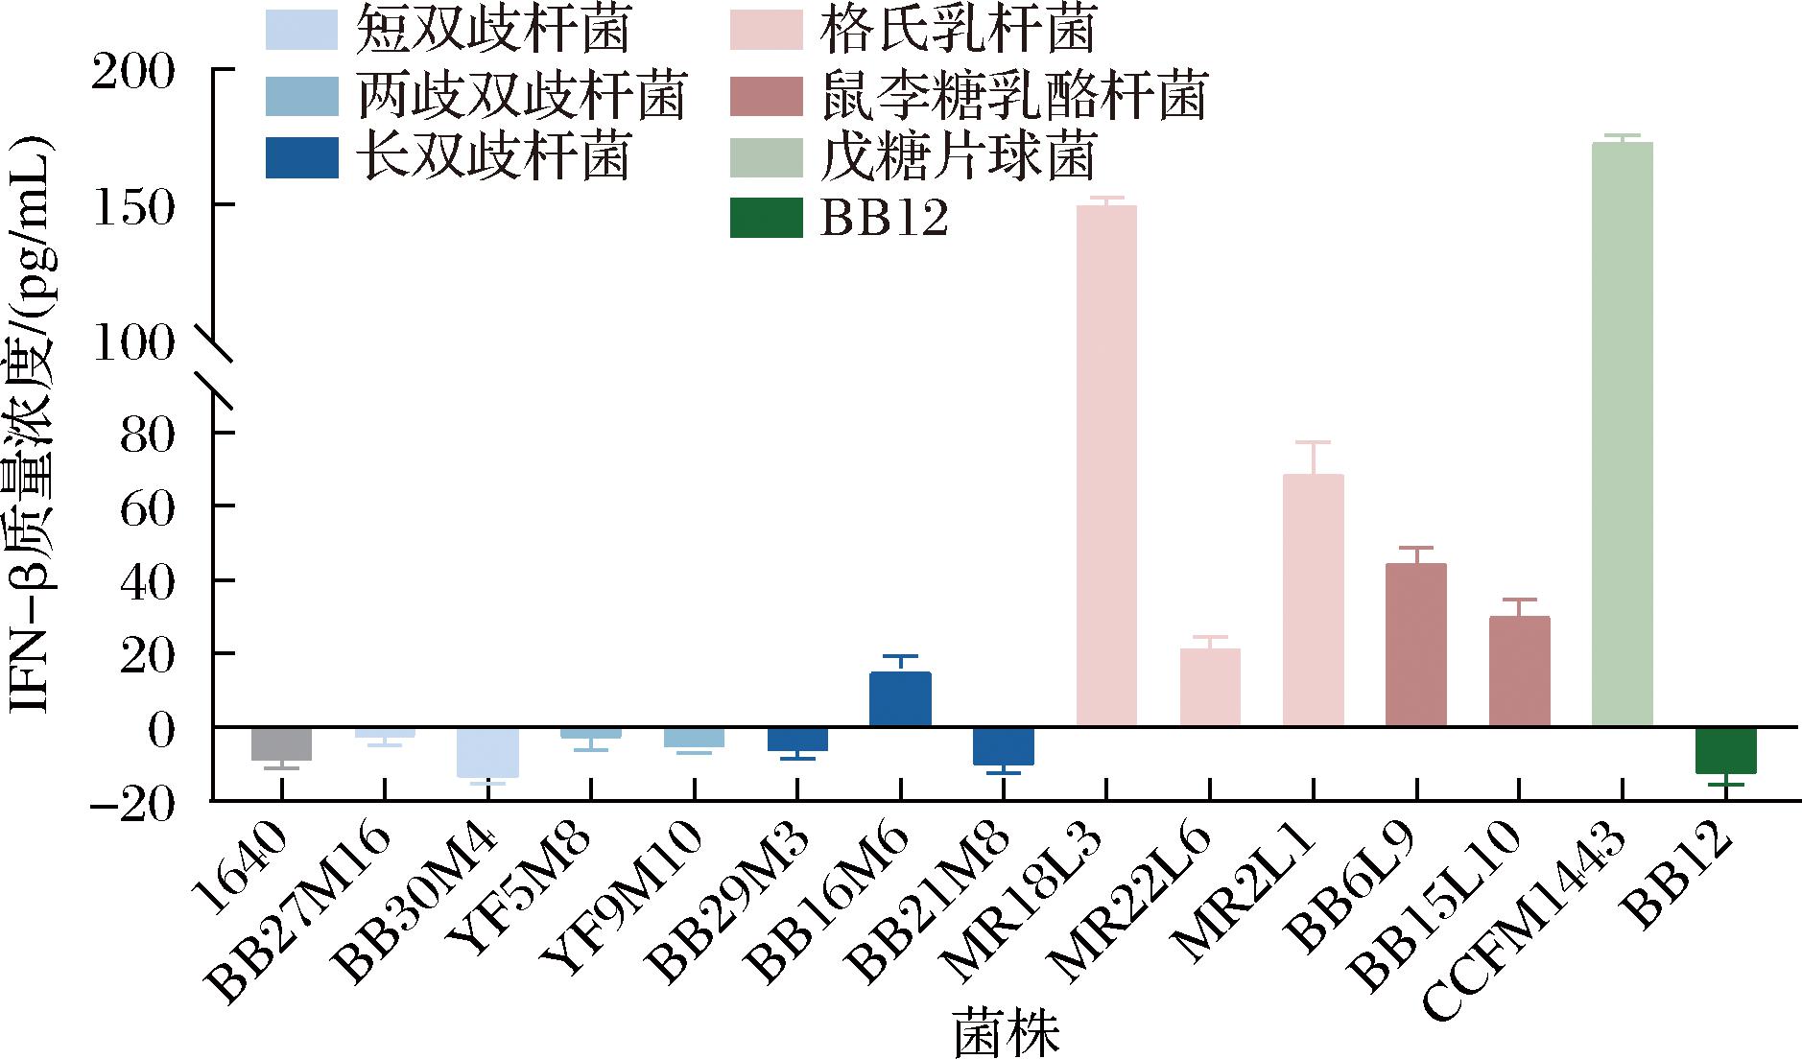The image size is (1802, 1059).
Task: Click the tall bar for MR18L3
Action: [x=1106, y=465]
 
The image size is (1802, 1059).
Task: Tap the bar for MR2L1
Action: [x=1313, y=600]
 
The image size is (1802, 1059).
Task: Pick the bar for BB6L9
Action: [x=1415, y=644]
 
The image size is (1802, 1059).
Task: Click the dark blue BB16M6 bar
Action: [x=900, y=699]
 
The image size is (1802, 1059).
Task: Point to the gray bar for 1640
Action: [x=281, y=743]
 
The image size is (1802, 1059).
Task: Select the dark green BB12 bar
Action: [x=1725, y=750]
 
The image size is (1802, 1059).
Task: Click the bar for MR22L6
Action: [x=1209, y=687]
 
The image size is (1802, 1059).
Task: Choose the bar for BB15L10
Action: [x=1519, y=671]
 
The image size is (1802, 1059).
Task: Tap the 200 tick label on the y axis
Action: [x=133, y=72]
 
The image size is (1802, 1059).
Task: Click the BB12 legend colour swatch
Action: [x=765, y=219]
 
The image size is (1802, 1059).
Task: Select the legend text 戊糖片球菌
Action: [x=957, y=156]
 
